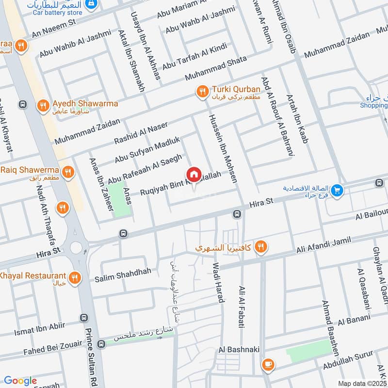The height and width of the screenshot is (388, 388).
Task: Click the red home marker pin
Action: (x=194, y=174)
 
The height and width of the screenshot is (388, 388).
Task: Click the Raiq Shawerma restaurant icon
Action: (x=68, y=171)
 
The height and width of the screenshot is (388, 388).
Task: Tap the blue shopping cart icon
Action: (x=338, y=191)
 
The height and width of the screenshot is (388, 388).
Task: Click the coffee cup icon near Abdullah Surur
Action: (x=267, y=364)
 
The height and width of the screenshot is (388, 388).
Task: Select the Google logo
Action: (x=20, y=381)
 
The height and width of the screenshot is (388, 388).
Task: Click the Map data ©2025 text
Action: (x=362, y=383)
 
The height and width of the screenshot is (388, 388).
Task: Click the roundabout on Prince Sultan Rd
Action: (x=76, y=247)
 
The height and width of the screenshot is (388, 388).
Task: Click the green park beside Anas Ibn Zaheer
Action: (x=119, y=198)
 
